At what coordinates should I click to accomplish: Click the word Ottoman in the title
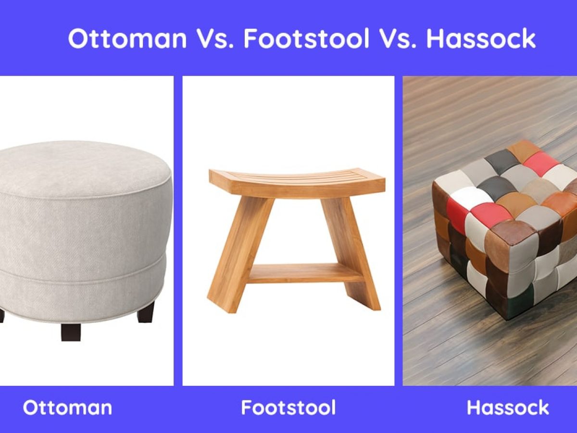(127, 38)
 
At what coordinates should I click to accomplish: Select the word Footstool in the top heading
(306, 38)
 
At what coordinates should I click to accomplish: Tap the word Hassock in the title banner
(481, 38)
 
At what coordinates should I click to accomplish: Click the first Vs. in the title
(215, 38)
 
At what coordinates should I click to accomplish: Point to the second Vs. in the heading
(398, 38)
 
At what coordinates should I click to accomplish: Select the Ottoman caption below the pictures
(67, 408)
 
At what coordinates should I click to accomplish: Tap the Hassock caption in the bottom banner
(508, 408)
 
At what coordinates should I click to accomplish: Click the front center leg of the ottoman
(71, 332)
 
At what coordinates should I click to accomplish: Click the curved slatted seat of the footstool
(297, 181)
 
